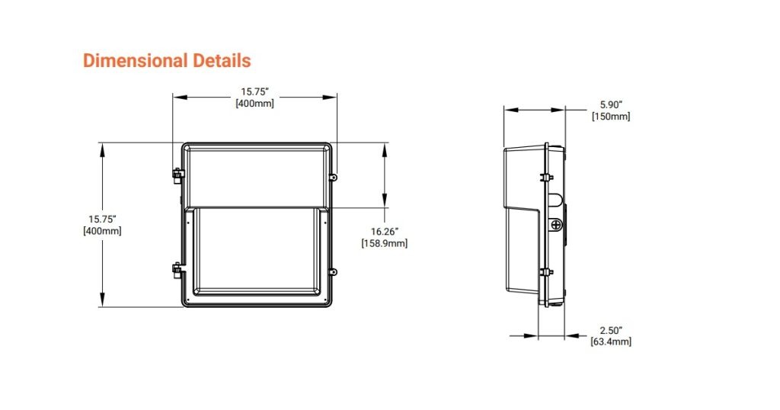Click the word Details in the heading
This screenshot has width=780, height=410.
pyautogui.click(x=216, y=60)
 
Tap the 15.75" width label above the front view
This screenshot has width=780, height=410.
pyautogui.click(x=255, y=92)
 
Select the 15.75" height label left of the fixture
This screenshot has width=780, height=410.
pyautogui.click(x=101, y=219)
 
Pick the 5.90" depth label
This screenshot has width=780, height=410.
pyautogui.click(x=611, y=104)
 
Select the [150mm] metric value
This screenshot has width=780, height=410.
pyautogui.click(x=611, y=117)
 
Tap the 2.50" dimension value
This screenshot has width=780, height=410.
pyautogui.click(x=611, y=329)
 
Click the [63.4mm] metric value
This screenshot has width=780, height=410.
pyautogui.click(x=611, y=341)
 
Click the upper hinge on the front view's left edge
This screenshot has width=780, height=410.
pyautogui.click(x=177, y=175)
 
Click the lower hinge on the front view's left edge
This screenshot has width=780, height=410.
pyautogui.click(x=177, y=270)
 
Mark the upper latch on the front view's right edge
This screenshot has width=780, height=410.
pyautogui.click(x=333, y=177)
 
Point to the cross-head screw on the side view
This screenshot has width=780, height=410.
pyautogui.click(x=557, y=226)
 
